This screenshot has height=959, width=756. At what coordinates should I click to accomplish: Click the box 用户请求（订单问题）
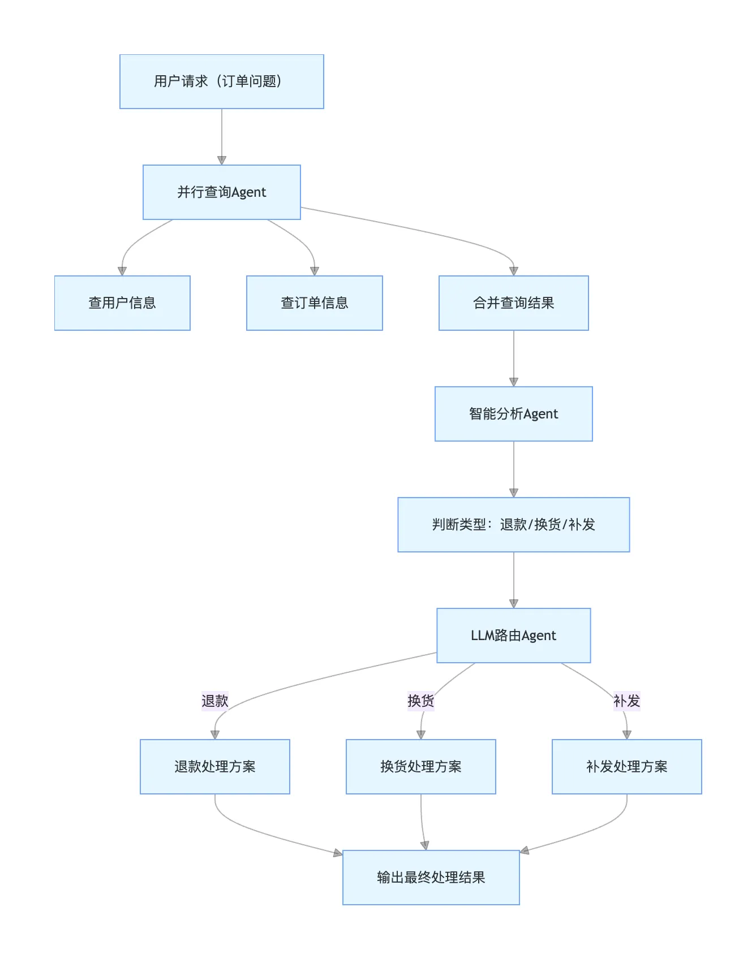pyautogui.click(x=221, y=81)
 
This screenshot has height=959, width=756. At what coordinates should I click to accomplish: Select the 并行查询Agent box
pyautogui.click(x=221, y=192)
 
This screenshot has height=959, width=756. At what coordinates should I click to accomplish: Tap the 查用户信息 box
pyautogui.click(x=122, y=303)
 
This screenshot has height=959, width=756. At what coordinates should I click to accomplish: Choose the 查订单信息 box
pyautogui.click(x=314, y=303)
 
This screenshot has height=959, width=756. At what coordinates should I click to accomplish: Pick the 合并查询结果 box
pyautogui.click(x=513, y=303)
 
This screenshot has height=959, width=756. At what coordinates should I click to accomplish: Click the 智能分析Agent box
pyautogui.click(x=513, y=414)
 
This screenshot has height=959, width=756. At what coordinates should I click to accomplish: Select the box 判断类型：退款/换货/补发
pyautogui.click(x=513, y=525)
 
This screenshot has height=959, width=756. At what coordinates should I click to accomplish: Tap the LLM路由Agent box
pyautogui.click(x=513, y=636)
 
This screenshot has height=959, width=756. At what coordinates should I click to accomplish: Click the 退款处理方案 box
pyautogui.click(x=214, y=767)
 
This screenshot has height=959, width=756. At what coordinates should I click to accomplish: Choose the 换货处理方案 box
pyautogui.click(x=420, y=767)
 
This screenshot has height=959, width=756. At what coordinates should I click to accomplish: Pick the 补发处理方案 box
pyautogui.click(x=626, y=767)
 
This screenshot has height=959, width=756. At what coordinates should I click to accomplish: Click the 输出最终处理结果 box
pyautogui.click(x=431, y=878)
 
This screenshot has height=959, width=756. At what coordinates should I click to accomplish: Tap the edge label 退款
pyautogui.click(x=214, y=701)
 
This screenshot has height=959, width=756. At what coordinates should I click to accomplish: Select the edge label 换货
pyautogui.click(x=420, y=701)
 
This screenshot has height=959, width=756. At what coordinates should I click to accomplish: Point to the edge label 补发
pyautogui.click(x=626, y=701)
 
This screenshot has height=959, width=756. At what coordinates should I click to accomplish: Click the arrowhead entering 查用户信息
pyautogui.click(x=122, y=271)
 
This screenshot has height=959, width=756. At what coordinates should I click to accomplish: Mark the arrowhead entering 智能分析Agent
pyautogui.click(x=513, y=382)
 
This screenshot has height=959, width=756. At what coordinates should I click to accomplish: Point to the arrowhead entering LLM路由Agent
pyautogui.click(x=513, y=604)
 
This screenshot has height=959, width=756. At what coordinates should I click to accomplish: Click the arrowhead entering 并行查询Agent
pyautogui.click(x=221, y=161)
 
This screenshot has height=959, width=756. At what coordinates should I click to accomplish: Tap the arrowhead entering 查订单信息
pyautogui.click(x=314, y=271)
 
